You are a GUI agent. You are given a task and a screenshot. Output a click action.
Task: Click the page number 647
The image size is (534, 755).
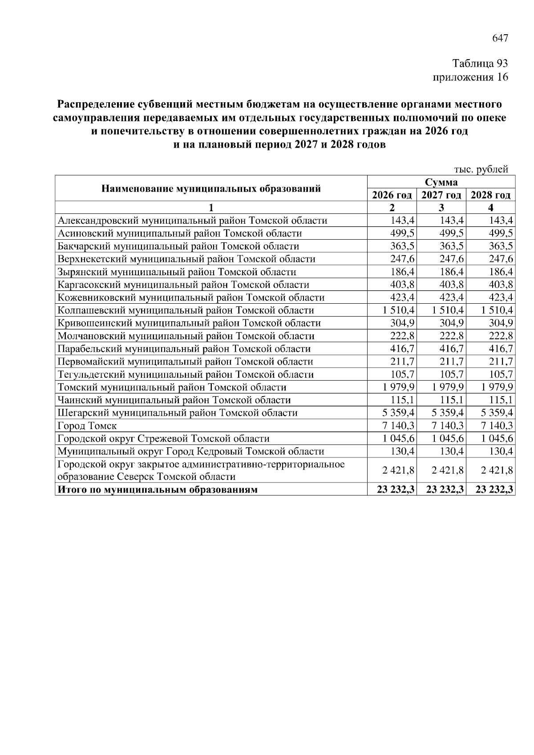point(500,38)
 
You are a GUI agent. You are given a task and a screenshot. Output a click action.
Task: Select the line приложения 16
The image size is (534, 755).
point(470,77)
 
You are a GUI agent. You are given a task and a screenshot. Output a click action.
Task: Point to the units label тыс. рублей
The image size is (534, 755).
point(481,169)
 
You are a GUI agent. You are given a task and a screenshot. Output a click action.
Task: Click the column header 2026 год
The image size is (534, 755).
point(392,195)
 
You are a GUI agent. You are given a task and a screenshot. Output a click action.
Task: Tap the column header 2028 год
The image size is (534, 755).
point(490,195)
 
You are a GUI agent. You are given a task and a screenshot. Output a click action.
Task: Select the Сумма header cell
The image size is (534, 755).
point(441,182)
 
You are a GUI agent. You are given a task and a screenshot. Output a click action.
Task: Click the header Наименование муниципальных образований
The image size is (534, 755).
point(211,189)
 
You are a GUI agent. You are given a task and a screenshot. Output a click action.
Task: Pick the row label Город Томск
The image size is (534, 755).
point(87,426)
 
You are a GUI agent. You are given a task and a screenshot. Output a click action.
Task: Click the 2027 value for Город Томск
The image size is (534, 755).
point(448,426)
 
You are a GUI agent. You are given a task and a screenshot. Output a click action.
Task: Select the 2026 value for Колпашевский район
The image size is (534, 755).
point(398,310)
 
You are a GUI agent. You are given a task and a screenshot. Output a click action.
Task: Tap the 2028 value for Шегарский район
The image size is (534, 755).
point(497,413)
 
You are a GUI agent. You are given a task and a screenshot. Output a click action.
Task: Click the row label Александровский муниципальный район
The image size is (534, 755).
point(193,221)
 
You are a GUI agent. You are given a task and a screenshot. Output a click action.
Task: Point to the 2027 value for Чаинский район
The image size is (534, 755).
point(453,400)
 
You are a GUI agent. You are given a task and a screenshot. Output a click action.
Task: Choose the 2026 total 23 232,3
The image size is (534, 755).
point(396,490)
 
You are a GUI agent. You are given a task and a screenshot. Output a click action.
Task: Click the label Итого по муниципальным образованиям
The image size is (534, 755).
point(157,490)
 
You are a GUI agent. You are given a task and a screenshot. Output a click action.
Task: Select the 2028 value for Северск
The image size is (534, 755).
point(497,470)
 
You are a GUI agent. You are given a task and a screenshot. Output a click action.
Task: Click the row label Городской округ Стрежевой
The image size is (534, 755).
point(164,439)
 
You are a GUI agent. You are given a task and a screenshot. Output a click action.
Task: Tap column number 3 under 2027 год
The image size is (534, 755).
point(441,208)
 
